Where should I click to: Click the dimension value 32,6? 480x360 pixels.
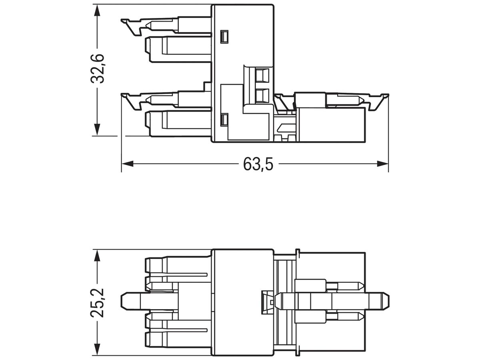97,68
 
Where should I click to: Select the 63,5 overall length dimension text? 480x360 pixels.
258,164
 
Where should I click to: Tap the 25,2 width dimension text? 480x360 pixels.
97,302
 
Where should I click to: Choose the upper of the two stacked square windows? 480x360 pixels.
262,75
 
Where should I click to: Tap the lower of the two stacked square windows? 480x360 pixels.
262,95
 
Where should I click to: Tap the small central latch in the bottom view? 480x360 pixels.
265,301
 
